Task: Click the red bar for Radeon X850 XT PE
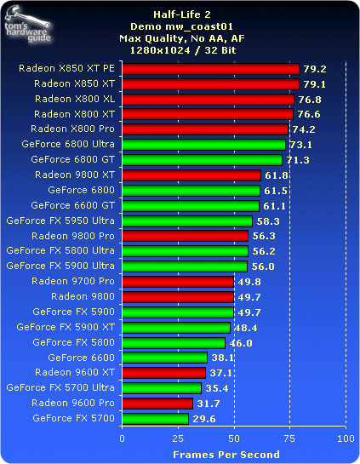210,69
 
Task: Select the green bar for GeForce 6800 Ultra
203,145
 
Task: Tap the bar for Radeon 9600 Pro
157,404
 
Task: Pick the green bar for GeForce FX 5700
156,419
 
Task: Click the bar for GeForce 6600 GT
191,206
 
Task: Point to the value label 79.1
315,84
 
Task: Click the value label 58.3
268,221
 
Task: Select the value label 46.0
241,343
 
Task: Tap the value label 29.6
204,419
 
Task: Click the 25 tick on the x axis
178,438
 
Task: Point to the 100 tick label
346,438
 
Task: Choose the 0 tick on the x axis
123,438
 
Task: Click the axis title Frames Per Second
226,455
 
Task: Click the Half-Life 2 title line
182,14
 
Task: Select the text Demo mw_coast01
181,26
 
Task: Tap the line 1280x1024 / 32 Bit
183,50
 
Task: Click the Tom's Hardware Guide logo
27,25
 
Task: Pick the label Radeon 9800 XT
75,175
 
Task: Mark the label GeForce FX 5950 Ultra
60,221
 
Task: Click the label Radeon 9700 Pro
73,281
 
